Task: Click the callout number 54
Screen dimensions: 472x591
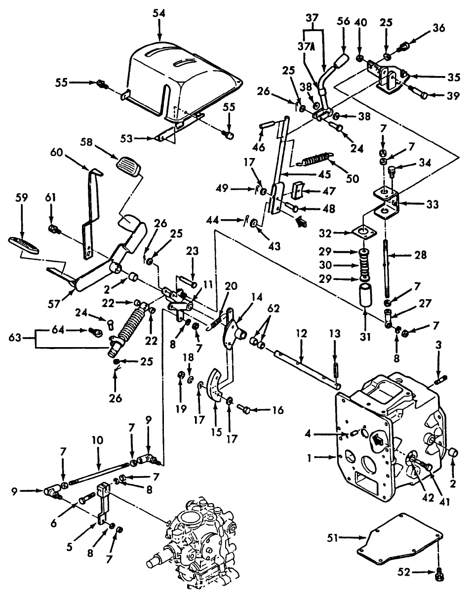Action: click(x=159, y=13)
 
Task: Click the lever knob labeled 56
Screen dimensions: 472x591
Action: click(x=342, y=60)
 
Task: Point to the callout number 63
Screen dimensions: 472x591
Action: click(x=15, y=337)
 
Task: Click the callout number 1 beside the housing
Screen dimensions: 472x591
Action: click(x=309, y=458)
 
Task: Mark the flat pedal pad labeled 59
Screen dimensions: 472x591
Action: click(x=23, y=245)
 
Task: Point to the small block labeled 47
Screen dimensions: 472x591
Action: click(x=299, y=191)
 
